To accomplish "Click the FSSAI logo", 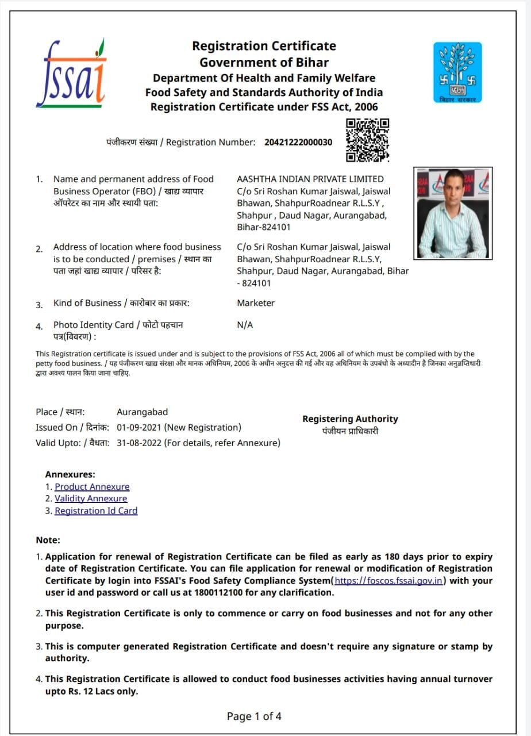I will click(x=71, y=73).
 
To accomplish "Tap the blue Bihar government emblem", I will click(x=457, y=72).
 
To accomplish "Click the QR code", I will click(x=368, y=140).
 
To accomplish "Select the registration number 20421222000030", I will click(x=298, y=142).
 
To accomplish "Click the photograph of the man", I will click(x=453, y=213).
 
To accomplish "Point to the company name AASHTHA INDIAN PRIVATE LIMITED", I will click(x=310, y=179).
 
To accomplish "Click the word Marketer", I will click(x=256, y=303).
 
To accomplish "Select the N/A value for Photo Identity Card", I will click(x=245, y=325).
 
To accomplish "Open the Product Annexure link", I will click(x=92, y=486).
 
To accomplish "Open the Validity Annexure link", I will click(x=91, y=499).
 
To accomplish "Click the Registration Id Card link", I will click(x=96, y=511).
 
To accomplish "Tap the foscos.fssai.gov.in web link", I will click(x=388, y=581).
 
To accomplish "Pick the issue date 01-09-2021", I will click(x=140, y=427).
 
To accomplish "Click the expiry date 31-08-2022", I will click(x=140, y=443).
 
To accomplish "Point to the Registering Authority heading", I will click(x=350, y=419).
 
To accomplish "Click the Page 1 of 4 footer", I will click(x=254, y=716).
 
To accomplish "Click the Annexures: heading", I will click(x=70, y=474).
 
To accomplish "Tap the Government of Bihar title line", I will click(x=264, y=62).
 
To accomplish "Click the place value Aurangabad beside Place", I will click(x=142, y=412).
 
